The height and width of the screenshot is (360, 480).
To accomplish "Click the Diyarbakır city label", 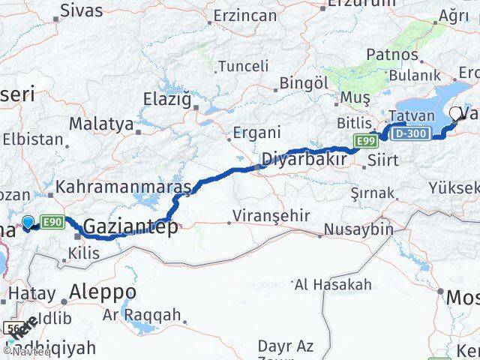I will coord(304,159).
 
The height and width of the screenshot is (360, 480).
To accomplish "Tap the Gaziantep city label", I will coord(130,226).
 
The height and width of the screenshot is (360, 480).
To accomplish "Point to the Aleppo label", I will coord(103,291).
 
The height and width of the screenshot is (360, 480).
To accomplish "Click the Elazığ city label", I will coord(167,97).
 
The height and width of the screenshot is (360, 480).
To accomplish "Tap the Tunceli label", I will coord(242,66).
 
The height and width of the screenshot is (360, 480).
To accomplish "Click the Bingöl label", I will coord(304,83).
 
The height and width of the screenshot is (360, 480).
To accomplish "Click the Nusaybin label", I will coord(359,229).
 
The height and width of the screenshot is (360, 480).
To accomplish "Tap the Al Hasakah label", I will coord(333,284).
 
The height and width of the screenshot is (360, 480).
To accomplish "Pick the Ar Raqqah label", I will coord(142,315).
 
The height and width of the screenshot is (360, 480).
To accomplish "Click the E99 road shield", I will coord(366,141).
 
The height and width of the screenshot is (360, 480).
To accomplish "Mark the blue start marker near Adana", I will coord(28,222).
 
